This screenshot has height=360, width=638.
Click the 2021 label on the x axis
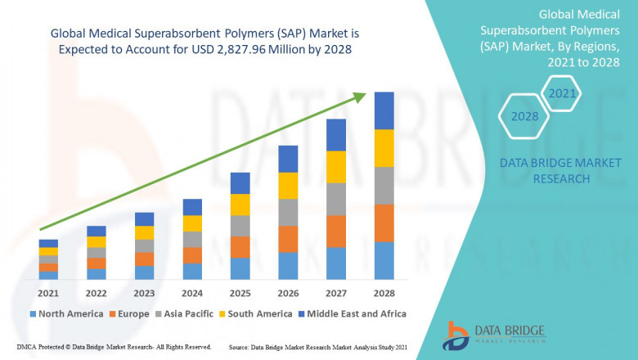48,293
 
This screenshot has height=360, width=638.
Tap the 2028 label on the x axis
384,293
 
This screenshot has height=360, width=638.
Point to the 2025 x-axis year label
240,293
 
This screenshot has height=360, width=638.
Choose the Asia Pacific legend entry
187,313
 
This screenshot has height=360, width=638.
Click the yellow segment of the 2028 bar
384,148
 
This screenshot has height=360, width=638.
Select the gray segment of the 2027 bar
336,199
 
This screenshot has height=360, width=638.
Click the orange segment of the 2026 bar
288,239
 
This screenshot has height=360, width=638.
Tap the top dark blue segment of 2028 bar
384,110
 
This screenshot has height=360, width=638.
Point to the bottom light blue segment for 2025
240,268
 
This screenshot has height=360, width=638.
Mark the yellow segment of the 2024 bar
192,223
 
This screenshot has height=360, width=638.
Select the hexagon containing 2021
561,94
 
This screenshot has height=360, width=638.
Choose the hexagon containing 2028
524,116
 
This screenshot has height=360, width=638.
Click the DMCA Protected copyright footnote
114,347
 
